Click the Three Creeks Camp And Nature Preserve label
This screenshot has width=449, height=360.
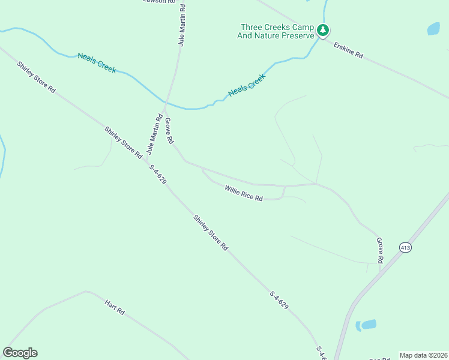pos(277,31)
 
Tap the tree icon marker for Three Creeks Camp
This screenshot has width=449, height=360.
pos(323,30)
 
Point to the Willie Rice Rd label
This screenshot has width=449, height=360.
pos(244,193)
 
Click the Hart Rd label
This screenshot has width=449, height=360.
pos(114,308)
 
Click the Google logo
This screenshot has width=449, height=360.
pos(20,353)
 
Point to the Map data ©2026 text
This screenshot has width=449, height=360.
pos(423,355)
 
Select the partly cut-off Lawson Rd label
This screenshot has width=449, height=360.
pos(159,2)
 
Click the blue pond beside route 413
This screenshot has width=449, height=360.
pos(366,325)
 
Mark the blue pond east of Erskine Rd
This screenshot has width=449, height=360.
pos(433,28)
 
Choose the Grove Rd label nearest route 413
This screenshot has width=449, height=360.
pos(379,250)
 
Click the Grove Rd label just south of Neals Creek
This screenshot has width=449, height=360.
pos(169,130)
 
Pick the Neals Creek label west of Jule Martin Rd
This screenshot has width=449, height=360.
pos(96,62)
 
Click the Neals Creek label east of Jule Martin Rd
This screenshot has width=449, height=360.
pos(246,85)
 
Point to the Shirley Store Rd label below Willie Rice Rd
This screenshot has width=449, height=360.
pos(211,233)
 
